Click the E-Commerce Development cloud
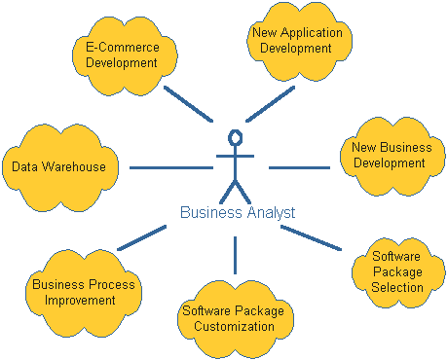point(125,55)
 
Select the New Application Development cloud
point(299,41)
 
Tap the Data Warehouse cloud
point(60,167)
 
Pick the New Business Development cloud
point(392,156)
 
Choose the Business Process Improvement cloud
point(84,293)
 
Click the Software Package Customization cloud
point(236,319)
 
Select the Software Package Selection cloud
point(398,272)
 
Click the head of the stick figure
point(236,137)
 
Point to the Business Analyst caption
point(238,212)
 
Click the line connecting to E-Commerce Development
point(189,104)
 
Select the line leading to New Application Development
point(270,104)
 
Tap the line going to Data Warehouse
point(171,167)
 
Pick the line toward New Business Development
point(299,167)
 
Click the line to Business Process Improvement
point(142,238)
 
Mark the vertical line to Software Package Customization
point(235,255)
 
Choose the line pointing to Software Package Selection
point(311,238)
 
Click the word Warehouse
point(74,166)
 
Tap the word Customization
point(234,326)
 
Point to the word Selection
point(397,287)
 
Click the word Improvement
point(80,301)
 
